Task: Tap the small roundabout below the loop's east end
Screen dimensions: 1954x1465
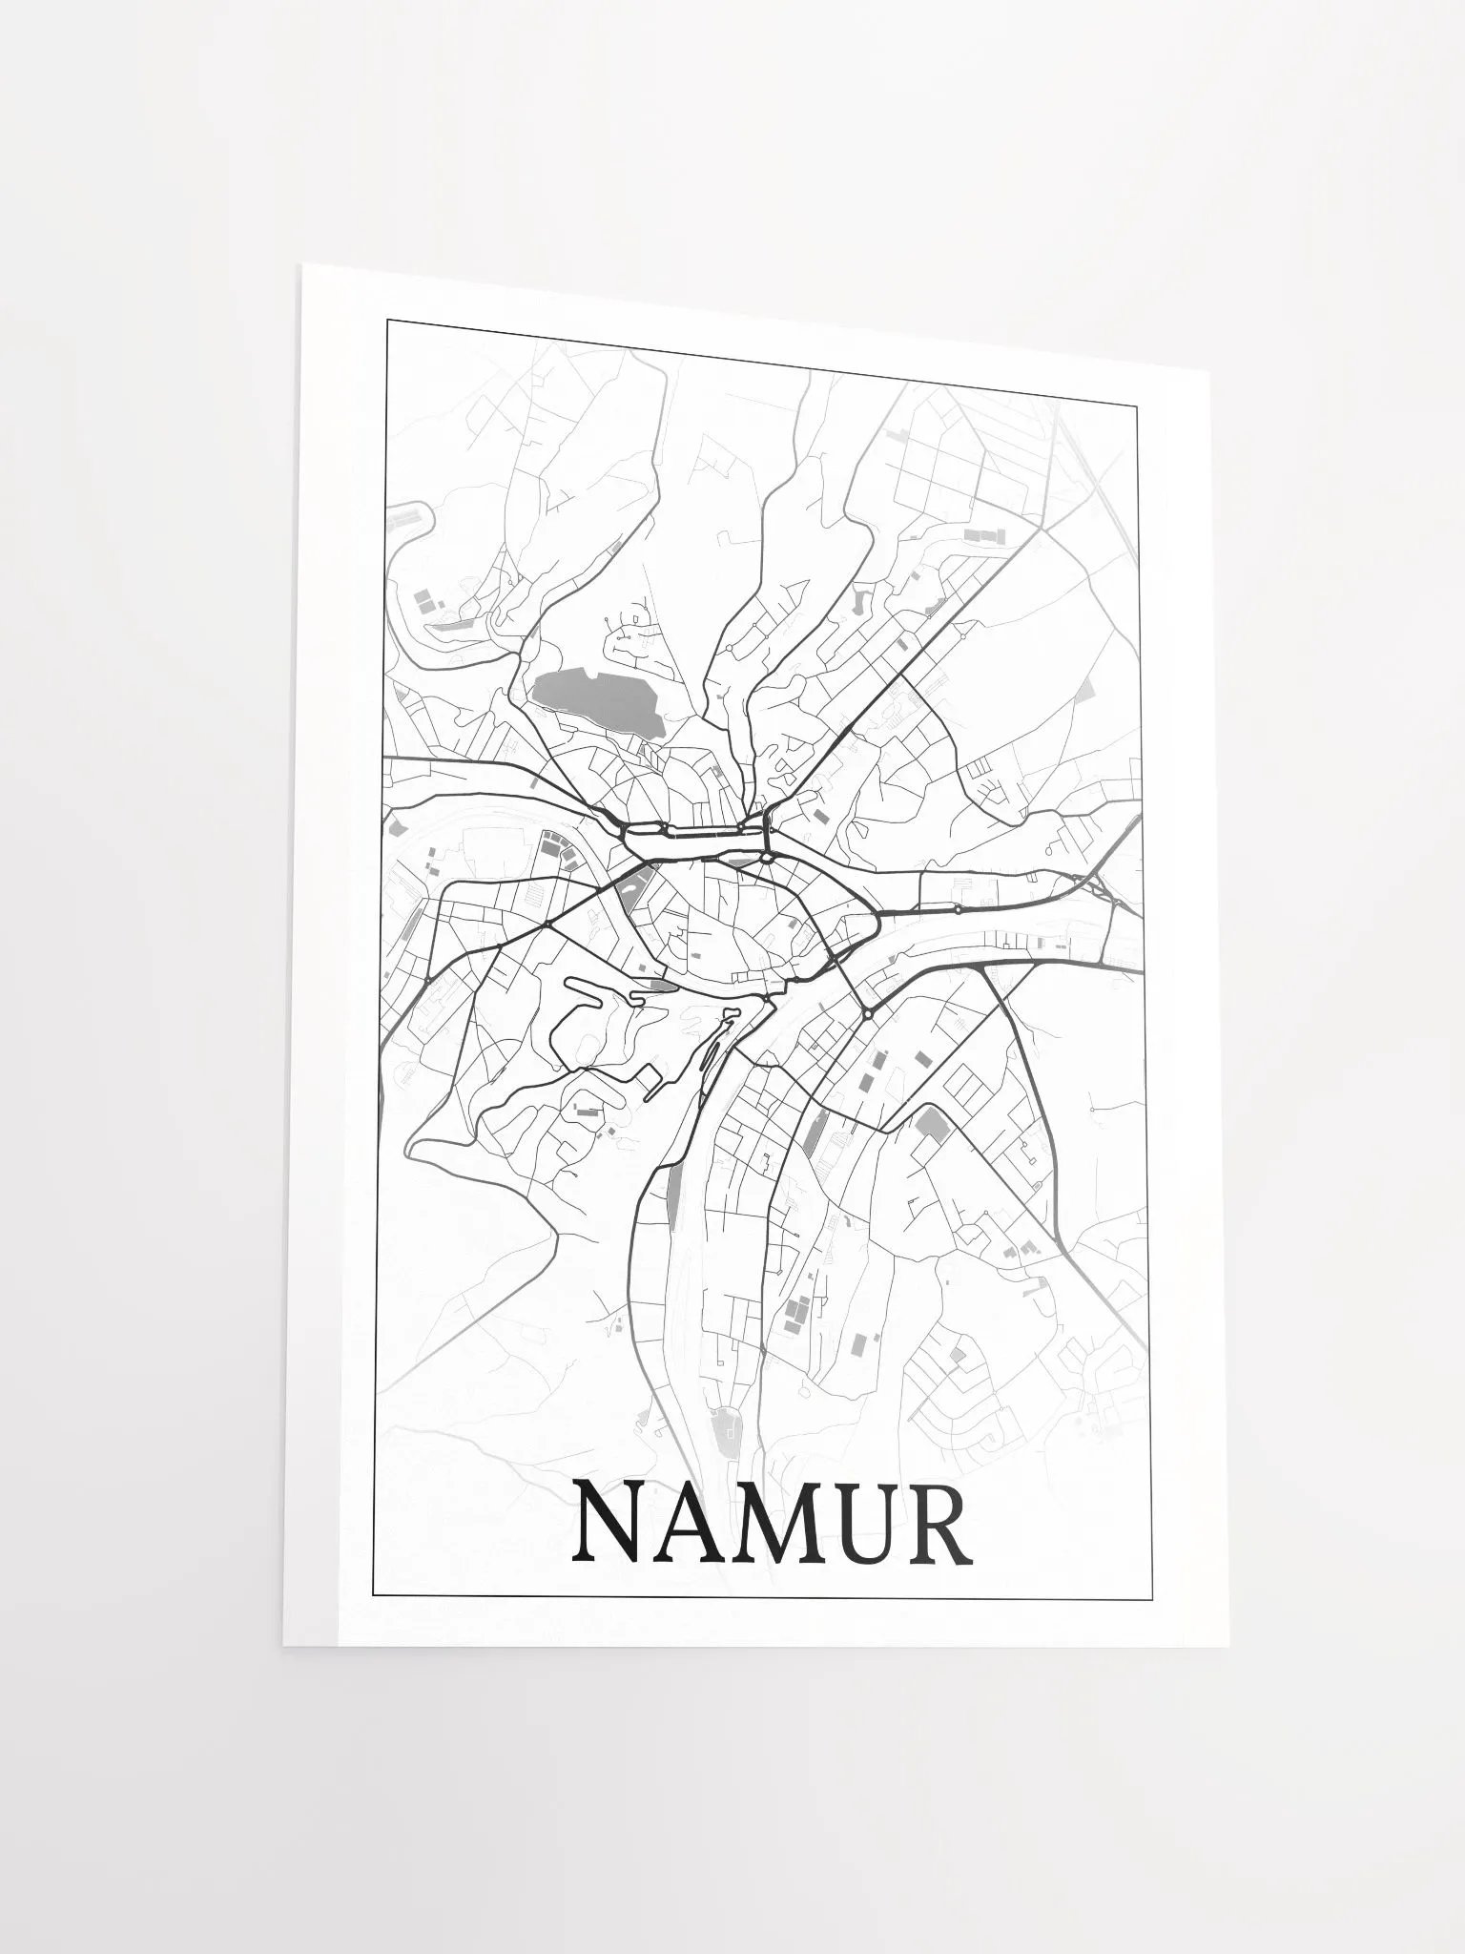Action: (x=766, y=858)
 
